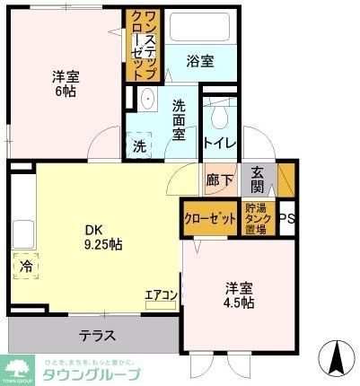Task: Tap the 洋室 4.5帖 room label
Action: click(239, 295)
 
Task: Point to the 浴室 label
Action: click(199, 61)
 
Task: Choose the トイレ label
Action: click(219, 142)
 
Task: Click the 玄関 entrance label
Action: click(258, 180)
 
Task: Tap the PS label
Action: click(287, 219)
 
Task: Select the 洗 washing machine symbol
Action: click(139, 144)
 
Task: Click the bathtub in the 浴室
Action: click(199, 29)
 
